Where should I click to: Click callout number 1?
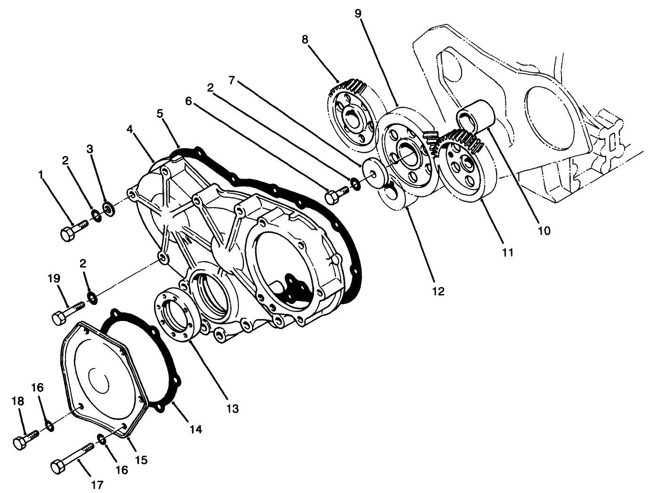tap(41, 175)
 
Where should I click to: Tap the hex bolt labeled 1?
tap(73, 230)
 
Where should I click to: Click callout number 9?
tap(358, 13)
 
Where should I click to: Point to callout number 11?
tap(507, 253)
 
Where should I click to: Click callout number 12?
tap(438, 291)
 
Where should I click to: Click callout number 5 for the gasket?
tap(160, 114)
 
